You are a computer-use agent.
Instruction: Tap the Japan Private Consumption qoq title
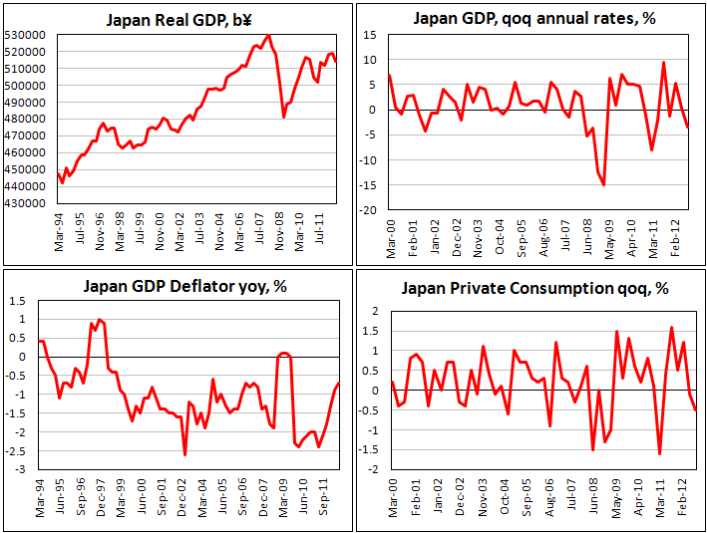tap(535, 290)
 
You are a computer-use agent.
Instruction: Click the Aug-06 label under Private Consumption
tap(547, 510)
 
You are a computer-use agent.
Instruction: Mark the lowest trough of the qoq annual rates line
tap(604, 185)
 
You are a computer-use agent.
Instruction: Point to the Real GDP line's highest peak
tap(267, 36)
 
